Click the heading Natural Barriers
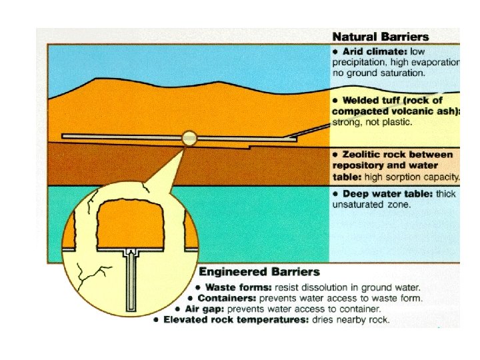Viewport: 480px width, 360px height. pos(381,37)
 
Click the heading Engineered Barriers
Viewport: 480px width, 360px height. pos(259,272)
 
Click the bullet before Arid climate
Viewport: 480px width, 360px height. pos(337,51)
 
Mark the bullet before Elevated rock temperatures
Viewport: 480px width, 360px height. pos(155,320)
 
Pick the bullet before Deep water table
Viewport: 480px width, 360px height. pos(337,194)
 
